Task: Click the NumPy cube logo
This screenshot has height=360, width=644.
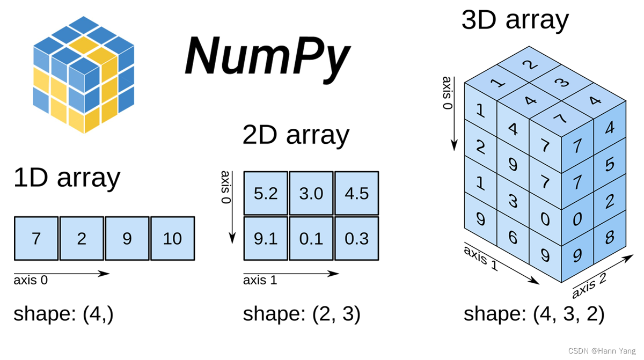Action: tap(83, 75)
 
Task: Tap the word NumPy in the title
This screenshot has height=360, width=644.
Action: tap(267, 58)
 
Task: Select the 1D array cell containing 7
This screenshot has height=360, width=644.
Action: tap(36, 238)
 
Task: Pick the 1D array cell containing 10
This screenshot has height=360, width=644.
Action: tap(172, 238)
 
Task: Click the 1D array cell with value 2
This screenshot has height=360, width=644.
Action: tap(82, 238)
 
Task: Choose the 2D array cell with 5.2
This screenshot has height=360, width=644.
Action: tap(266, 193)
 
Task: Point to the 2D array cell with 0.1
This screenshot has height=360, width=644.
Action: tap(311, 238)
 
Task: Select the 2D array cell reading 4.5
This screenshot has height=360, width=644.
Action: tap(356, 193)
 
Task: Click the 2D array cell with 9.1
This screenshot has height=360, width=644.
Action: tap(266, 238)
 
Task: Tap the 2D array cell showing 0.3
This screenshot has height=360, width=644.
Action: tap(356, 238)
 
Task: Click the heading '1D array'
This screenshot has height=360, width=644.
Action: tap(67, 178)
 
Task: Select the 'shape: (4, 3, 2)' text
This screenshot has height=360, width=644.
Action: tap(533, 314)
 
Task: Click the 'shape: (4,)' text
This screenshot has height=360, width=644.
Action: tap(63, 314)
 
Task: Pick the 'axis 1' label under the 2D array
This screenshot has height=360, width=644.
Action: tap(260, 280)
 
